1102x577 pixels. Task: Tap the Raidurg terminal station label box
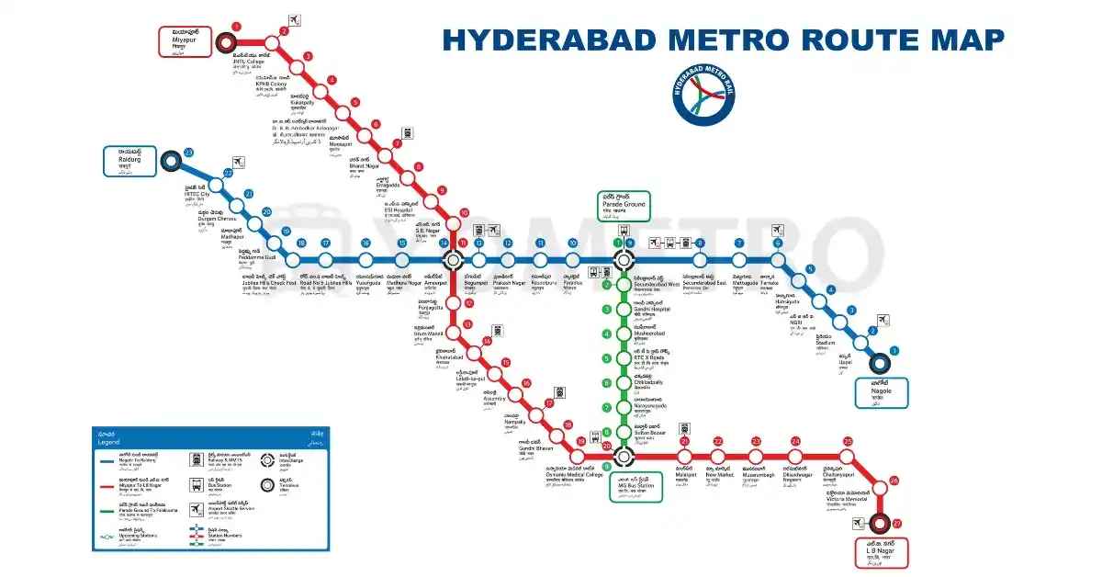[129, 161]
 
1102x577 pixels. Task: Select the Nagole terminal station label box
[882, 392]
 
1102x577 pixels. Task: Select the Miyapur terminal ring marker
[226, 42]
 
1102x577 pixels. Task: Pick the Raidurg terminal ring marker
[171, 163]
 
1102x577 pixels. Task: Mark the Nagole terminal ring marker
[881, 364]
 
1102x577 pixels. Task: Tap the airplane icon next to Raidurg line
[240, 163]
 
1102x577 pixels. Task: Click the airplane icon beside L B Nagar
[860, 523]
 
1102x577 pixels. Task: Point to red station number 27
[897, 523]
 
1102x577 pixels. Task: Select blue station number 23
[188, 152]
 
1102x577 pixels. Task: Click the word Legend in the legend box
[109, 443]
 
